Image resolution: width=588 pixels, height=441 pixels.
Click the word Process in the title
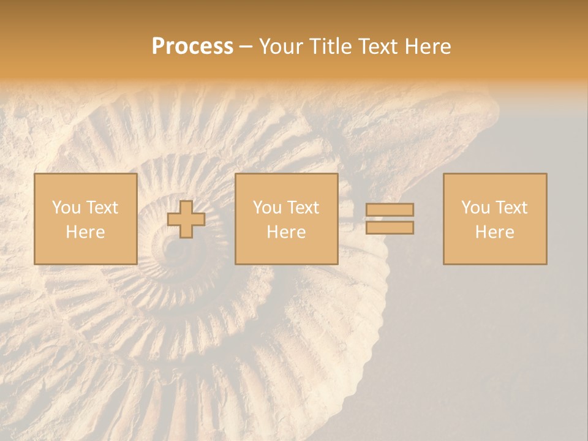click(192, 47)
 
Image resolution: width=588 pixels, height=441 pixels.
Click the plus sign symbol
click(186, 219)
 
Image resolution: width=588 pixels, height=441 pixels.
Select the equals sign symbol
click(390, 219)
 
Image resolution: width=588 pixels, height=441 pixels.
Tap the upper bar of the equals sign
click(390, 210)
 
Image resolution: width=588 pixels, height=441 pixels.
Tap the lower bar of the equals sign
click(390, 227)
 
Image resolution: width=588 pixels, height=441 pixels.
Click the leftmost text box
click(85, 219)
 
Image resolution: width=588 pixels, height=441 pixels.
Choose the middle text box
click(286, 219)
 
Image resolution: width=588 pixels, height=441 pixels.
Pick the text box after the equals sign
click(494, 219)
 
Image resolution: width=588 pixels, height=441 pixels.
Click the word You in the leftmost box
click(64, 208)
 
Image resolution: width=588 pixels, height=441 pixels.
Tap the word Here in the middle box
click(286, 232)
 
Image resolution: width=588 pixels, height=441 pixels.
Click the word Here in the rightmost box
click(494, 232)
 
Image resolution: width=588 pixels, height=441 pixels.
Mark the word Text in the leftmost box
click(102, 208)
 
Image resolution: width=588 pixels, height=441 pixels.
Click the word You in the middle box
click(266, 208)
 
